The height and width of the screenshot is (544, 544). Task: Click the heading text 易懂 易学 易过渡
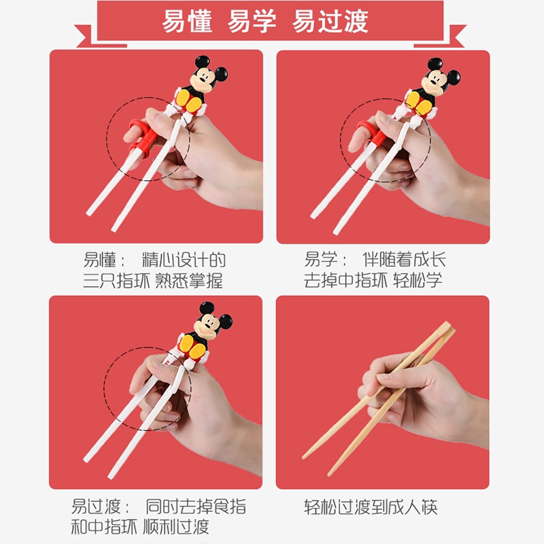click(x=265, y=21)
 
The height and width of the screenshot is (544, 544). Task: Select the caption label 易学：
click(x=326, y=260)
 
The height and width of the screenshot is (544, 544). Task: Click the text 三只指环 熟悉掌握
click(x=153, y=281)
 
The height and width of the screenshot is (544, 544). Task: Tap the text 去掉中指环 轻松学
click(x=373, y=281)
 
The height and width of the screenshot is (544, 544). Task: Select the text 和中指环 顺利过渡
click(x=140, y=527)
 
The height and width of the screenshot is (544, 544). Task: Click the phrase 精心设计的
click(x=184, y=260)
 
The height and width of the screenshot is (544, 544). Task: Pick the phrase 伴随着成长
click(x=404, y=260)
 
